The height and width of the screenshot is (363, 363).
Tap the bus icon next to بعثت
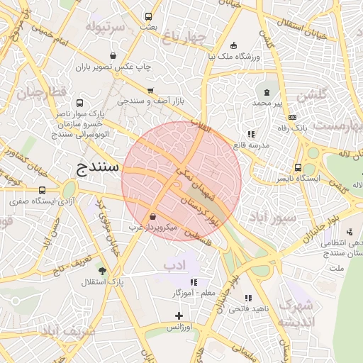(x=148, y=16)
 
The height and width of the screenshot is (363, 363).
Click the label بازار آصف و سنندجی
(x=150, y=102)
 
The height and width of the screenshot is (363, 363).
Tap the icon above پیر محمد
(x=267, y=91)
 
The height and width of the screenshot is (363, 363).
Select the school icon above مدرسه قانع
(x=251, y=133)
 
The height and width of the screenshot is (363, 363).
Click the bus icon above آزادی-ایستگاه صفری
(x=42, y=190)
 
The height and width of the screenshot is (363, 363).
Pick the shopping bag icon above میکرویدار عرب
(x=153, y=216)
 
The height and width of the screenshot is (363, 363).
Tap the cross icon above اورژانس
(x=179, y=315)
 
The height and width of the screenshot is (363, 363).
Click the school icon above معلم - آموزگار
(x=194, y=281)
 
